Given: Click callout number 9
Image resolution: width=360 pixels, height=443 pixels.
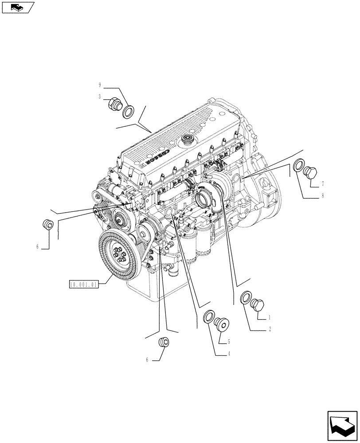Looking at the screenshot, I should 100,84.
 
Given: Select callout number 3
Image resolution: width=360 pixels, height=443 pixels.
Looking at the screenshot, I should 100,96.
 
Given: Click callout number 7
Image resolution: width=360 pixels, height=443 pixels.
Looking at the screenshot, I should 323,183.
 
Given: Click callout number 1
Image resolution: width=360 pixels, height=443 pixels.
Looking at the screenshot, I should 269,317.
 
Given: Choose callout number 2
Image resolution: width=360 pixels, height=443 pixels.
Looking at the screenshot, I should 269,330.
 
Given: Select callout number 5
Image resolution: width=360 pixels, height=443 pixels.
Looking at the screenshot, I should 229,342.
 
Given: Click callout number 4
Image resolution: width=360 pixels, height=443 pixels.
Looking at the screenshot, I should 229,354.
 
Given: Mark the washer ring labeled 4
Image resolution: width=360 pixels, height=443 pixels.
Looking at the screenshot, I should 207,317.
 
